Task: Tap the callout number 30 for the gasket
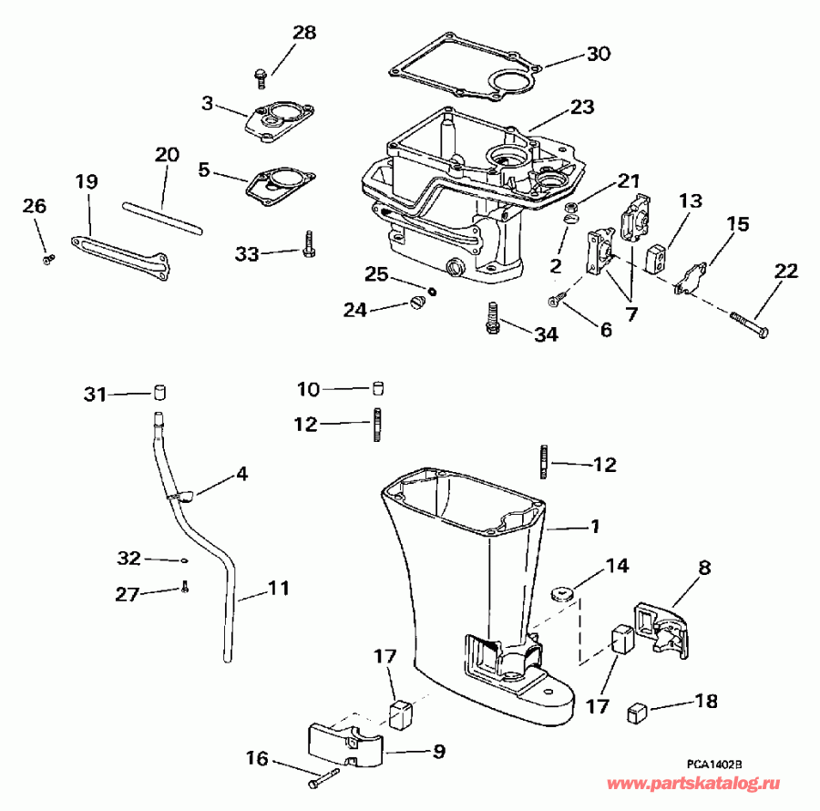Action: (598, 54)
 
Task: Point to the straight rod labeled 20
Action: (160, 218)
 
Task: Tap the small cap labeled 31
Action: (162, 394)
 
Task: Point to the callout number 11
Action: (276, 589)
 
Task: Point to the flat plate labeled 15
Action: (692, 278)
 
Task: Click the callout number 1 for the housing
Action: (594, 526)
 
